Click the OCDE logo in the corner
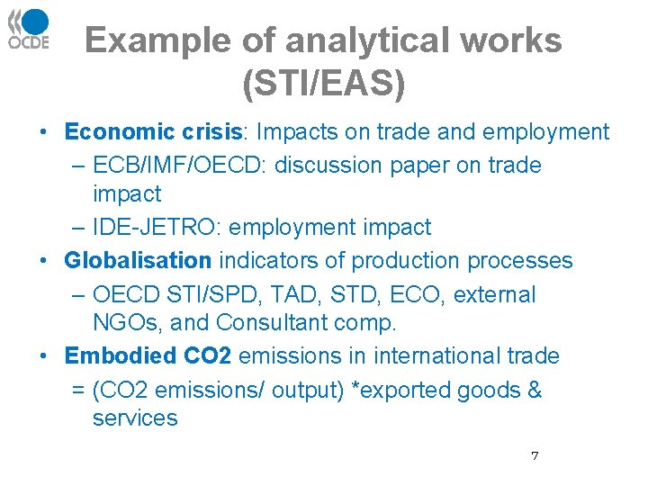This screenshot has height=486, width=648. coord(29,29)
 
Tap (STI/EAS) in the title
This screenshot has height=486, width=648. coord(324,83)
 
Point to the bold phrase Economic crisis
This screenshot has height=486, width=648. coord(154,132)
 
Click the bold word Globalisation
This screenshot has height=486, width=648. coord(138,261)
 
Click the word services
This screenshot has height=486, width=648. coord(135,418)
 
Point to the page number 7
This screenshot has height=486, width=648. coord(535,456)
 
